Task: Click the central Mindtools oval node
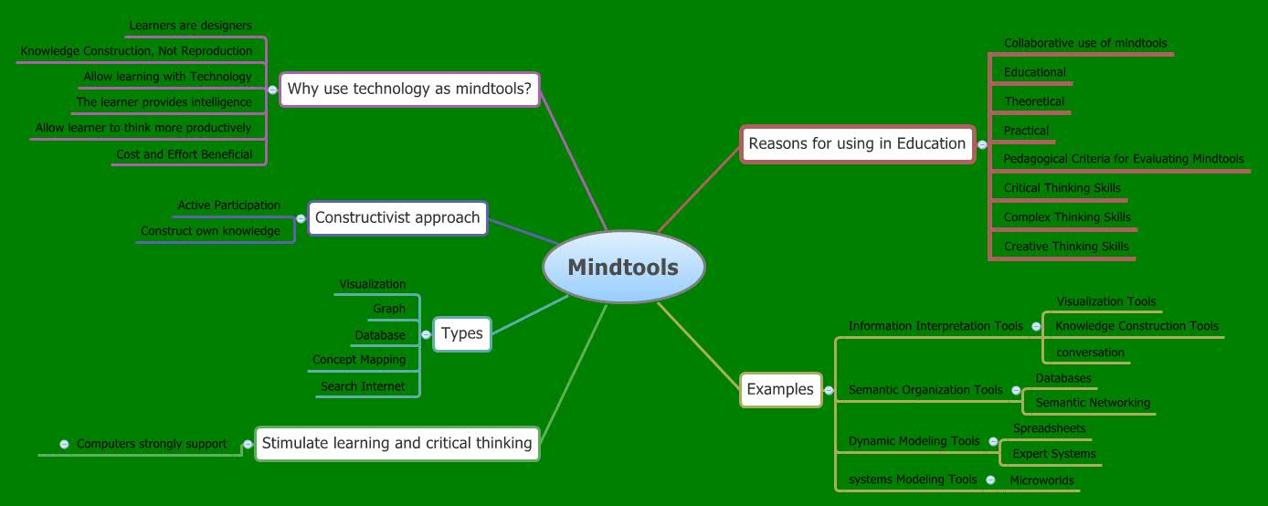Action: tap(623, 267)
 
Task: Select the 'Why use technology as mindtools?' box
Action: tap(409, 90)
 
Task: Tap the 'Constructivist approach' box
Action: tap(397, 217)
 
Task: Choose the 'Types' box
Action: tap(461, 333)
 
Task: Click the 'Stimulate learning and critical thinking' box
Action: tap(396, 443)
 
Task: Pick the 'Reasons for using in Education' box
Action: tap(857, 143)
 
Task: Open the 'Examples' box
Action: tap(780, 389)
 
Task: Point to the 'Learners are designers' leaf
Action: tap(190, 26)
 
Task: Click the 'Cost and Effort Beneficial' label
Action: tap(184, 154)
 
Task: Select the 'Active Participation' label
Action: tap(228, 206)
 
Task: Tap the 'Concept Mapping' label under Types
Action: tap(359, 360)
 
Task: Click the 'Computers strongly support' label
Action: tap(152, 444)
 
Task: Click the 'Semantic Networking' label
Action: tap(1093, 402)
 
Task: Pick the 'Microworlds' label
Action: tap(1041, 480)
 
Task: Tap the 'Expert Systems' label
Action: tap(1054, 454)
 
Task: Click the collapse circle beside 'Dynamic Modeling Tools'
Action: tap(993, 441)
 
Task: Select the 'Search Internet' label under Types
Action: tap(363, 386)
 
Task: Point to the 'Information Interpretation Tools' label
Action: tap(935, 326)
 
